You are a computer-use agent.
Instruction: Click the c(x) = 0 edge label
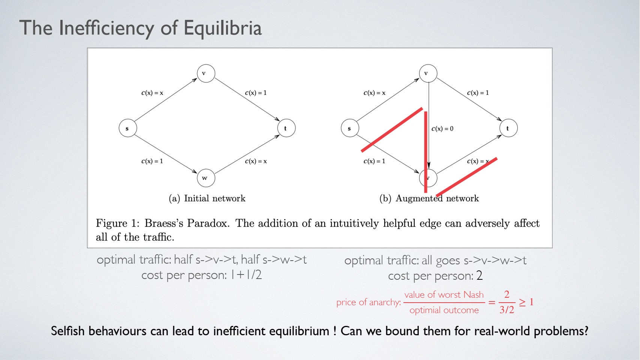point(442,129)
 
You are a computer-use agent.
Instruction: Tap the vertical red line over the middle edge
point(426,152)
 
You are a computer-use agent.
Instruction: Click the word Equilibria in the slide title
point(222,28)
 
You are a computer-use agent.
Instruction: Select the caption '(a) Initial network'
point(207,198)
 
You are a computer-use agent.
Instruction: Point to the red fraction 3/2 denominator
point(507,310)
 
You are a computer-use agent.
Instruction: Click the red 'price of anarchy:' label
point(369,302)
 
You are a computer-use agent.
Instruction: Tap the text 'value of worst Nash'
point(444,295)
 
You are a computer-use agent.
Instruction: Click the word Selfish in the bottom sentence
point(68,331)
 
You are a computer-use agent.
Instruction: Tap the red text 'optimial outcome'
point(444,310)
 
